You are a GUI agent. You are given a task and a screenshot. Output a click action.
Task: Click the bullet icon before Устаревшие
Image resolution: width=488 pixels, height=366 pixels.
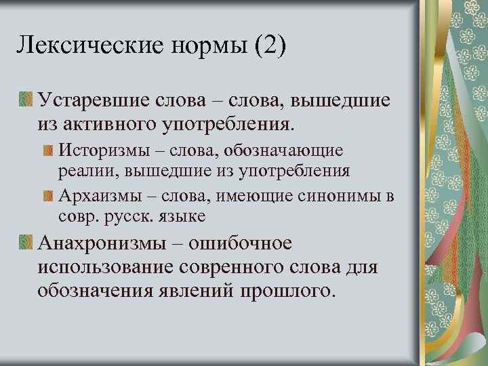26,100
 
